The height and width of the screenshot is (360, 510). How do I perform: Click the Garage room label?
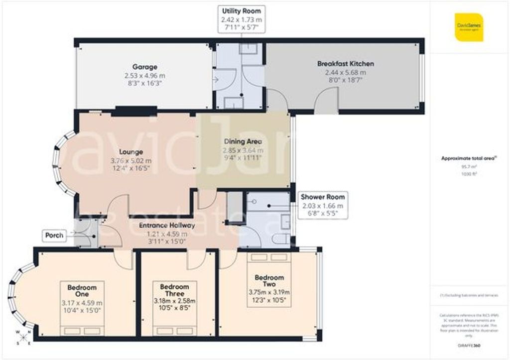coord(145,67)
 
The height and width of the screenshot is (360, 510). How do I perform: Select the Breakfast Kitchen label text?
coord(345,64)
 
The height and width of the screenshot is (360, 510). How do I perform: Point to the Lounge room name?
coord(131,152)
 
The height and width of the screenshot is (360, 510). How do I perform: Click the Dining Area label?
coord(243,141)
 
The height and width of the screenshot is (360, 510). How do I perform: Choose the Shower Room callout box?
coord(322,206)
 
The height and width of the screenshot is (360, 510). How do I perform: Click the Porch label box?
coord(54,235)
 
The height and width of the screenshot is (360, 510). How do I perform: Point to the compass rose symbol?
coord(24,338)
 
